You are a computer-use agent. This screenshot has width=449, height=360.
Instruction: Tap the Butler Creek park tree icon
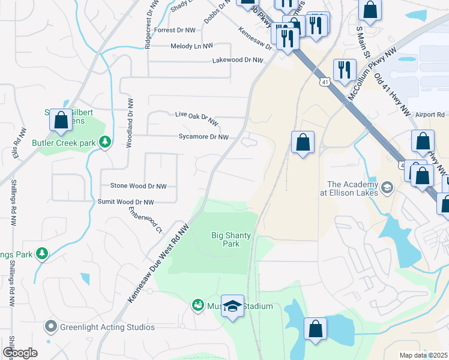(106, 142)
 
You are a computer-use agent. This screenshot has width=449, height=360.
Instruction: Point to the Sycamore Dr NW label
(203, 137)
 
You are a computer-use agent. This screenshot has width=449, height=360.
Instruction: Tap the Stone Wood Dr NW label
(138, 187)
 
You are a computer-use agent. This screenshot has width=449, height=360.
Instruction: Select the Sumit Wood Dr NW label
(125, 203)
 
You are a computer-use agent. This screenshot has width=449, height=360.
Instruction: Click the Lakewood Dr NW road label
(238, 61)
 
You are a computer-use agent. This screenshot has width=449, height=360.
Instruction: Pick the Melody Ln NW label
(191, 46)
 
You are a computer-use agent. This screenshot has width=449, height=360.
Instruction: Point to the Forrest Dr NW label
(175, 29)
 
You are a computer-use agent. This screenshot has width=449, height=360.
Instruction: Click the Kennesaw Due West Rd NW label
(158, 263)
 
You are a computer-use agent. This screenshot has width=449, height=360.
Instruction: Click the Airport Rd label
(429, 114)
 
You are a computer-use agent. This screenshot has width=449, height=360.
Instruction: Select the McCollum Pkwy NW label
(372, 75)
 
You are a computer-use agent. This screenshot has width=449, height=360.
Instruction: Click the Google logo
(20, 353)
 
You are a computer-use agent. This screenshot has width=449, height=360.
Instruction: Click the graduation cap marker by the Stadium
(233, 307)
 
